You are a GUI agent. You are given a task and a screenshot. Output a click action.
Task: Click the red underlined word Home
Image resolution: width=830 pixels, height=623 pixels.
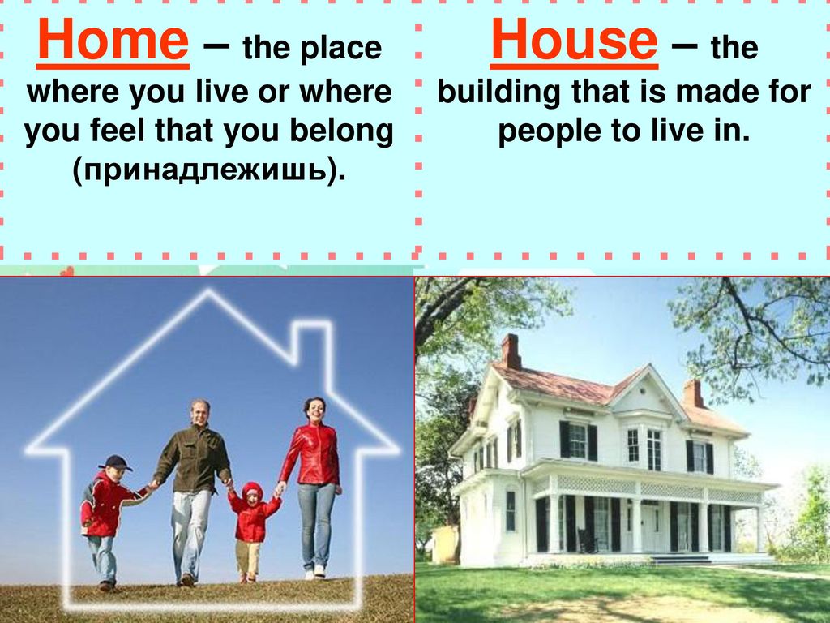coord(113,41)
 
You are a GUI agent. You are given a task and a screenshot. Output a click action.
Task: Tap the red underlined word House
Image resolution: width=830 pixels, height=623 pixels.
coord(574,41)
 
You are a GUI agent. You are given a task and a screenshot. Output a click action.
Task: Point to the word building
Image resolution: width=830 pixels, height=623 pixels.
coord(498,92)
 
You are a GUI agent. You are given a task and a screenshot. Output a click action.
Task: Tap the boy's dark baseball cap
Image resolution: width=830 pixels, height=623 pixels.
coord(116,463)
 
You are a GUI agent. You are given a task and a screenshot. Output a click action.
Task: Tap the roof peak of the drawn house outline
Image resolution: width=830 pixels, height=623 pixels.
coord(208,291)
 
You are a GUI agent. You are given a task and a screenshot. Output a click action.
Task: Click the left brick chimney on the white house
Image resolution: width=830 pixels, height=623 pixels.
coord(511,351)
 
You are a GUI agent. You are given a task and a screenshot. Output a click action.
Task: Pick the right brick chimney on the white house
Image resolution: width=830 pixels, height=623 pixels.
coord(693,393)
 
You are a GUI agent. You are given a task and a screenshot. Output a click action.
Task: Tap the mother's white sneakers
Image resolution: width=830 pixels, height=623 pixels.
coord(314,572)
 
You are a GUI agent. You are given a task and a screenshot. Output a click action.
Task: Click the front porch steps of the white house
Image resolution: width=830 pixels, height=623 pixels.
coord(680,560)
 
